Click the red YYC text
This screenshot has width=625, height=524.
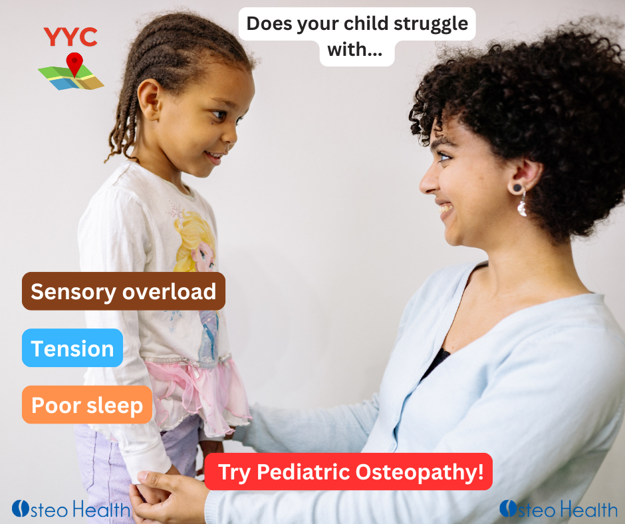(x=70, y=37)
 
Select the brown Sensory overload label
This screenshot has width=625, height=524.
(x=124, y=291)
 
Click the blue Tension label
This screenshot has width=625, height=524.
(x=72, y=348)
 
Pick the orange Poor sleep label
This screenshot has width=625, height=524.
(x=87, y=405)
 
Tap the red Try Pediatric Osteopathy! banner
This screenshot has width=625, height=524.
(x=348, y=472)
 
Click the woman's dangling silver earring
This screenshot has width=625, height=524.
(x=522, y=205)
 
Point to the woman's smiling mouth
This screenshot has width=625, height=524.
(x=444, y=209)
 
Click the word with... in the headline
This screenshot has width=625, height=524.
(x=357, y=52)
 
